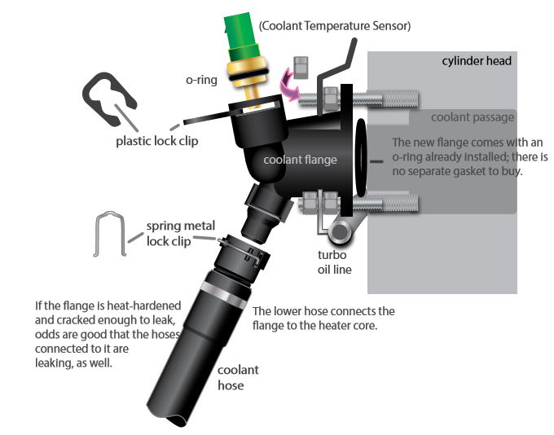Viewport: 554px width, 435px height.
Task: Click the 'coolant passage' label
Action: click(x=477, y=117)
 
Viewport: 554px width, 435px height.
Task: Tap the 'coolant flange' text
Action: click(x=294, y=160)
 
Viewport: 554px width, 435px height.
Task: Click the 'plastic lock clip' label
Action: click(x=156, y=141)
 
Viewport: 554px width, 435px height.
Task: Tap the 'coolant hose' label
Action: click(x=231, y=378)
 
